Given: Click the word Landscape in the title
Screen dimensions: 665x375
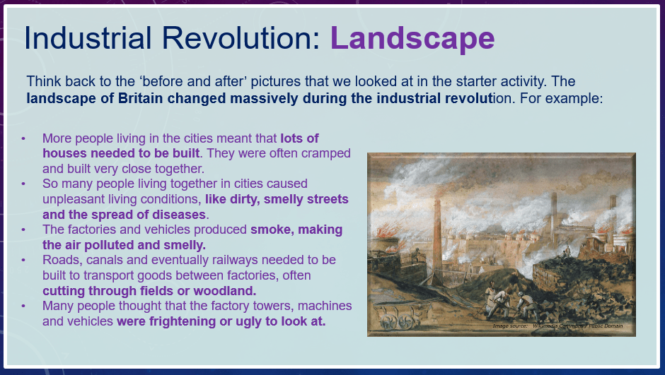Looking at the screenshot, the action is pos(412,38).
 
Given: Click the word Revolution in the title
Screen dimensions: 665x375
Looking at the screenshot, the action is pos(241,38).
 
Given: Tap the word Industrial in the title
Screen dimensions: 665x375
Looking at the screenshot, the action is pos(88,38).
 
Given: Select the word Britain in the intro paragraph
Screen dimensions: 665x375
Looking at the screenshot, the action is pos(140,98).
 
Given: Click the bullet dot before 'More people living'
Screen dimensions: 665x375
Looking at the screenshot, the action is pos(23,138).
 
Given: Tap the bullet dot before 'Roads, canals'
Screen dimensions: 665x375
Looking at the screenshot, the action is pos(23,260).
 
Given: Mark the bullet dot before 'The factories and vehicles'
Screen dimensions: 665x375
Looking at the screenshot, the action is pos(23,230).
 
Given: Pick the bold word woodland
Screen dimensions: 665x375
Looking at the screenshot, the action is pos(225,291).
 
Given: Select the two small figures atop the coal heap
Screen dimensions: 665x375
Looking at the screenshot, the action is pos(566,252).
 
